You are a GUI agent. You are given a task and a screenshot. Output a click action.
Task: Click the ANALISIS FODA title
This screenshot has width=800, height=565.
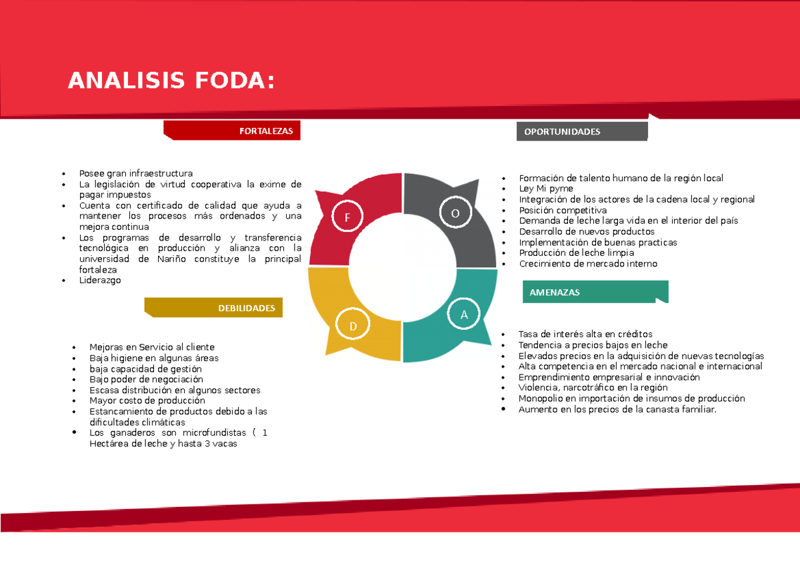click(x=171, y=81)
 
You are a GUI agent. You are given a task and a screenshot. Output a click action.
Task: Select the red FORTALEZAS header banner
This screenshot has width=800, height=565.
click(x=233, y=131)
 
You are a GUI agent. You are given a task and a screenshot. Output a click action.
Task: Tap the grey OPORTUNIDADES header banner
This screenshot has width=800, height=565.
click(x=581, y=132)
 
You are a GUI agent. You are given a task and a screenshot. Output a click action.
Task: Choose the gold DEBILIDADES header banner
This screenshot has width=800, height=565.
click(x=214, y=308)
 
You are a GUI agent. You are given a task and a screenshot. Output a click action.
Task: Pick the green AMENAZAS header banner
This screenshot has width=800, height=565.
click(x=595, y=292)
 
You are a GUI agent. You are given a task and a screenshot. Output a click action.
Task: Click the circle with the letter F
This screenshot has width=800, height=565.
click(x=347, y=217)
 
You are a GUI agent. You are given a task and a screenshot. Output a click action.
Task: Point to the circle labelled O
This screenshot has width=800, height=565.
click(x=455, y=213)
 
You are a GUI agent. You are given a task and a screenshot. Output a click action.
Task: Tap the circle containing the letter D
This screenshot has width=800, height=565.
click(x=353, y=325)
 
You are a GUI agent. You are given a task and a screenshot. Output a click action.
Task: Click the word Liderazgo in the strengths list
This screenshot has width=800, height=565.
click(x=100, y=281)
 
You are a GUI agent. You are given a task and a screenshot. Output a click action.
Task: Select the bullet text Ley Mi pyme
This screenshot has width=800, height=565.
click(x=546, y=189)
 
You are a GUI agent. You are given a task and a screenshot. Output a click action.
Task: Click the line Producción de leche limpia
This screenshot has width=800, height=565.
click(x=576, y=253)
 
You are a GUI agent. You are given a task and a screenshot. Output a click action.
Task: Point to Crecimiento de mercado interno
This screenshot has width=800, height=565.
click(x=588, y=263)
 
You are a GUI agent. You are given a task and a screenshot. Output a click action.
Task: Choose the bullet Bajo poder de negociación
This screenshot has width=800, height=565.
click(x=146, y=379)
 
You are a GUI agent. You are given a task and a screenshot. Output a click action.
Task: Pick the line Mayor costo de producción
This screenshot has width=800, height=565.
click(x=147, y=400)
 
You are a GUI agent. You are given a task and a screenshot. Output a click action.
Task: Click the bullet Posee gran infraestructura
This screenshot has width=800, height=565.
click(x=135, y=173)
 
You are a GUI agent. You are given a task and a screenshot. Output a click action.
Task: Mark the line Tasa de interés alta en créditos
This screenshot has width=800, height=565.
click(x=585, y=334)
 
